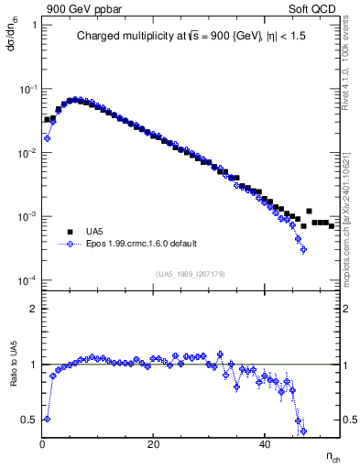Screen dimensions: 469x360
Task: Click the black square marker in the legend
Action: click(x=70, y=232)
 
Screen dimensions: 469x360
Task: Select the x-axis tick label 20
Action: click(x=154, y=445)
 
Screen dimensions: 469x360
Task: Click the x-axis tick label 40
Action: click(x=265, y=445)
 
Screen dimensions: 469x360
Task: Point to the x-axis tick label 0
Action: click(x=43, y=445)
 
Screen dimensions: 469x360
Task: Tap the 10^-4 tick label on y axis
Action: click(x=28, y=280)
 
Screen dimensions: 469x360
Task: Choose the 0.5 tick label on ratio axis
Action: click(x=30, y=420)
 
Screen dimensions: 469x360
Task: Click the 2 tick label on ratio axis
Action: click(x=34, y=309)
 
